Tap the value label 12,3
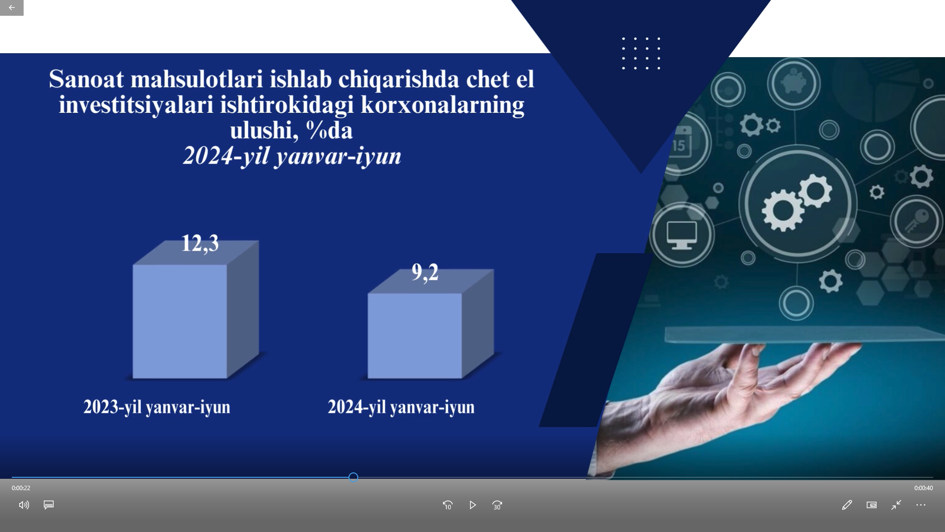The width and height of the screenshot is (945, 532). coord(200,243)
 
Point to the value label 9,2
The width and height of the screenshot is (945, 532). coord(425,272)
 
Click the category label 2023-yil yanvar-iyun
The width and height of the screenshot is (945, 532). coord(157,407)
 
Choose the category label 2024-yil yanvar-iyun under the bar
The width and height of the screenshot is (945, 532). coord(401,407)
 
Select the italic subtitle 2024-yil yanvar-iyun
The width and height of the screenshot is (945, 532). coord(292,156)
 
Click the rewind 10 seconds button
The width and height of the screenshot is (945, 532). coord(447,505)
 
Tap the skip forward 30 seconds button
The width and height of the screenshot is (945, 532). coord(497,505)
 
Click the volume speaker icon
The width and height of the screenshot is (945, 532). coord(24,505)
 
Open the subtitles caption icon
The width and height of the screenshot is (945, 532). coord(49,505)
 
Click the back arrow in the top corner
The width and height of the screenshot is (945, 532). coord(12,7)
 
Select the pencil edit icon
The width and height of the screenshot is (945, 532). coord(847,505)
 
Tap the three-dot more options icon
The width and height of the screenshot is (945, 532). coord(921,505)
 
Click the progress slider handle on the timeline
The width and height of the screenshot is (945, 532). coord(353,477)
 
